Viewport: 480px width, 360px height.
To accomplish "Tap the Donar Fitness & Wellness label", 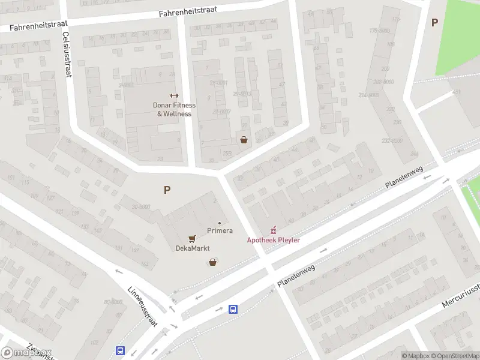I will pos(174,109).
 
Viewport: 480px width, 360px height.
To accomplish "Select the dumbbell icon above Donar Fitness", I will pos(174,95).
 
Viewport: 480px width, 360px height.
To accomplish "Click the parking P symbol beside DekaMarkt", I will pos(167,190).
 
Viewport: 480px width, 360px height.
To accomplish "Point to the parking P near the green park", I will pos(434,23).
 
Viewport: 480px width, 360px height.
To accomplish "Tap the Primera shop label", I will pos(220,230).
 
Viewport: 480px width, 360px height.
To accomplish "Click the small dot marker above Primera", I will pos(220,223).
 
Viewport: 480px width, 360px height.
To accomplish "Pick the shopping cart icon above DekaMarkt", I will pos(192,239).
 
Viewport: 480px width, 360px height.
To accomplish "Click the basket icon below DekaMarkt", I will pos(212,262).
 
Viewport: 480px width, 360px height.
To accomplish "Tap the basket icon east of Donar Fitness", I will pos(244,140).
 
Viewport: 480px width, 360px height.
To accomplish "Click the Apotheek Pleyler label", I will pos(274,240).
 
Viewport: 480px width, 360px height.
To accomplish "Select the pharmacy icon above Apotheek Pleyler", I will pos(274,229).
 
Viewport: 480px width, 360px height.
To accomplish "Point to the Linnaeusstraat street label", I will pos(142,306).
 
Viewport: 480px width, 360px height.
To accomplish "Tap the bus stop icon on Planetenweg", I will pos(233,310).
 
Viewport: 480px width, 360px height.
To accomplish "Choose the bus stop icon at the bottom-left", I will pos(121,351).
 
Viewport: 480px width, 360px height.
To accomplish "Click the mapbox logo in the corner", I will pos(26,352).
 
